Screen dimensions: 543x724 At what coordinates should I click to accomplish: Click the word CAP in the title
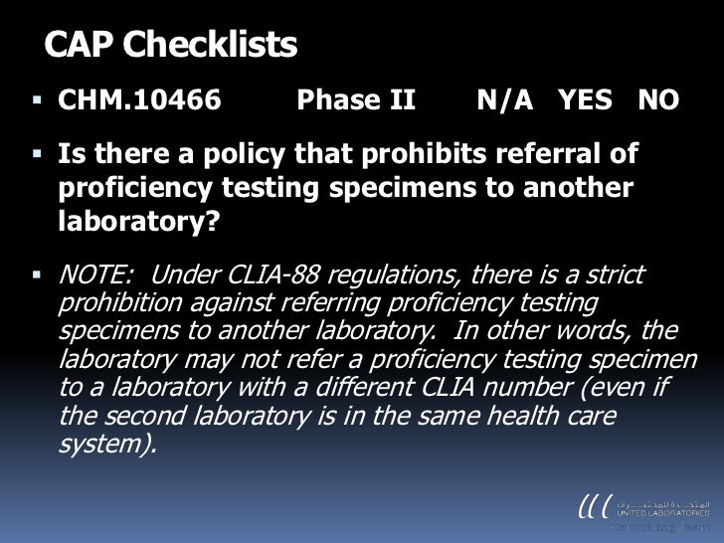pos(81,45)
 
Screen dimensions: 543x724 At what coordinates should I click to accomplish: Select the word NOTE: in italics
pos(96,274)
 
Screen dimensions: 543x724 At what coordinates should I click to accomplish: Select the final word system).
pos(107,443)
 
